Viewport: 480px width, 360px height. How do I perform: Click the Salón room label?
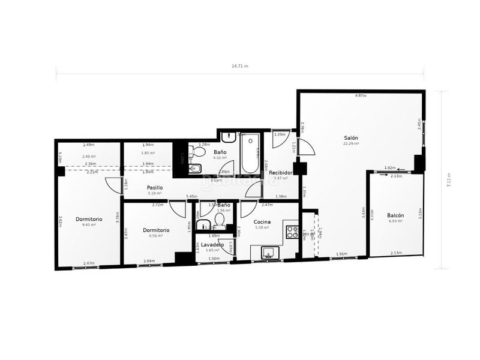pyautogui.click(x=351, y=137)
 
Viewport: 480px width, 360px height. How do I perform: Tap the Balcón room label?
pyautogui.click(x=395, y=215)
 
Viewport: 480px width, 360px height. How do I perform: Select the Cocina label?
pyautogui.click(x=263, y=222)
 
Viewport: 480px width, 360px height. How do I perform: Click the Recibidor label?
pyautogui.click(x=281, y=173)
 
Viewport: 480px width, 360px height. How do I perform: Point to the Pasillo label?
pyautogui.click(x=155, y=188)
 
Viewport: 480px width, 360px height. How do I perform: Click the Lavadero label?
pyautogui.click(x=212, y=245)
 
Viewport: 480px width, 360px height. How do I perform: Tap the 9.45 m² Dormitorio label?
pyautogui.click(x=89, y=219)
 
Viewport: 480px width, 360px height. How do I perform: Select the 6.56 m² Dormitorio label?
pyautogui.click(x=156, y=230)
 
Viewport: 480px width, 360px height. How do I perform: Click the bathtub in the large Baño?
pyautogui.click(x=250, y=154)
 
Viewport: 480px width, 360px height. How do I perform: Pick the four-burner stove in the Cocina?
pyautogui.click(x=292, y=232)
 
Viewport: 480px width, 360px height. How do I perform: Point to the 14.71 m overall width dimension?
pyautogui.click(x=239, y=66)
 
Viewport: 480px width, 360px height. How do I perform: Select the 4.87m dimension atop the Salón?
pyautogui.click(x=360, y=96)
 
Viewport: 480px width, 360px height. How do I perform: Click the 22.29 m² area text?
pyautogui.click(x=351, y=144)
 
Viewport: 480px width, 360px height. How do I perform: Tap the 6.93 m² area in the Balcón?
pyautogui.click(x=395, y=221)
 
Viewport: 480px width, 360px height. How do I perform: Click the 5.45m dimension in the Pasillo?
pyautogui.click(x=192, y=196)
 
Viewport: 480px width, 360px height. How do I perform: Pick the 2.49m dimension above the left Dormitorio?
pyautogui.click(x=89, y=145)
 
